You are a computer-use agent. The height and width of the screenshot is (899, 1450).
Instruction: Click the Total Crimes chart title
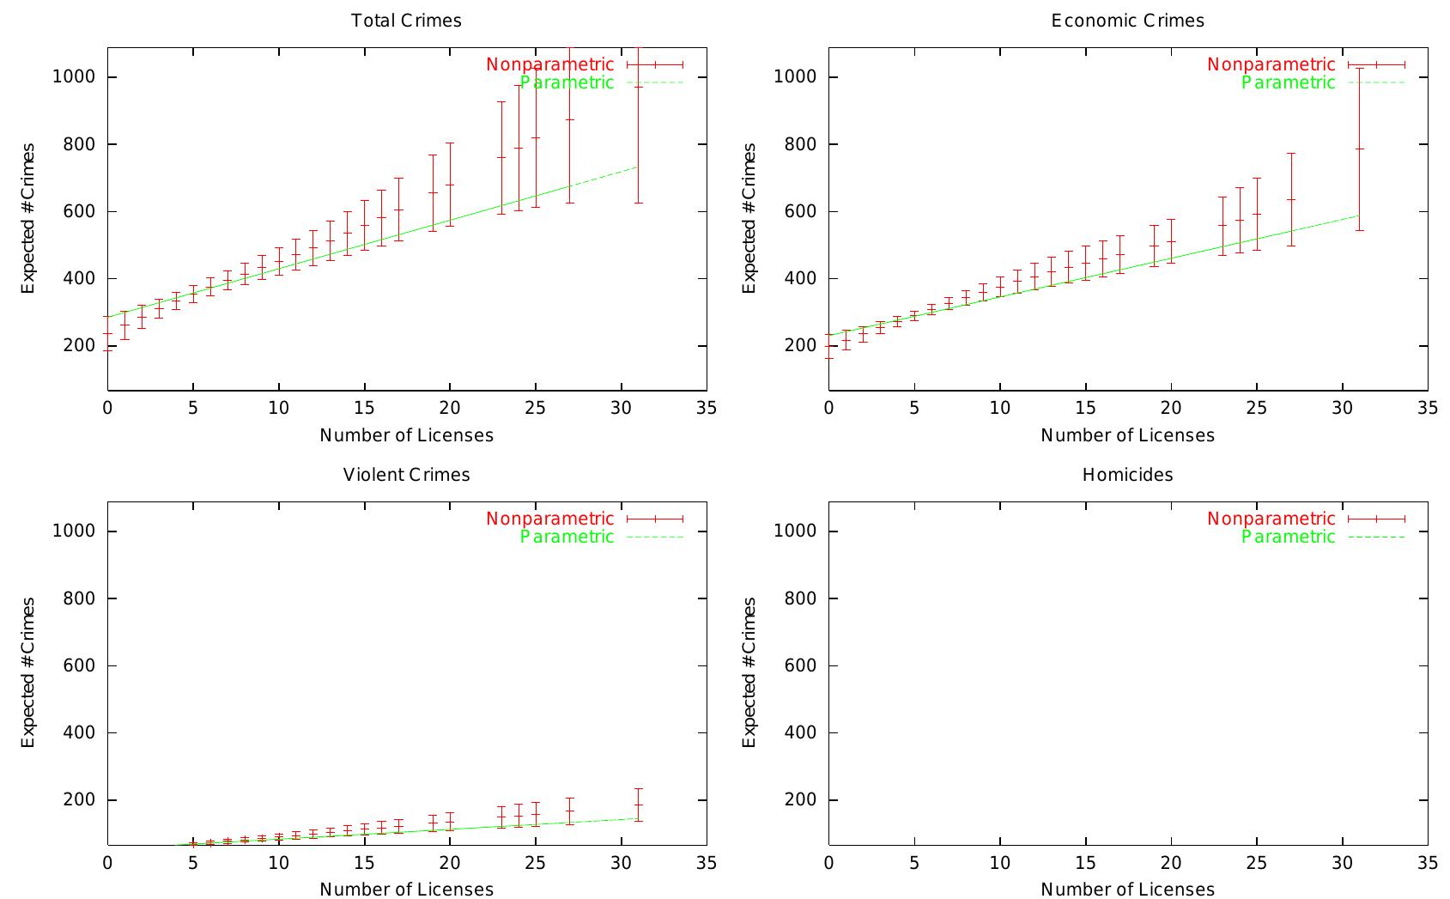(406, 21)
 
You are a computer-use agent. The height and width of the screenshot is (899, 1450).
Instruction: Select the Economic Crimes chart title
(1127, 21)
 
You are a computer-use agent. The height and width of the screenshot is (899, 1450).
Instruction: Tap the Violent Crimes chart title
(406, 475)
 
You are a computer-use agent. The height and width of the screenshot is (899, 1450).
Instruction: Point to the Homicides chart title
(1127, 475)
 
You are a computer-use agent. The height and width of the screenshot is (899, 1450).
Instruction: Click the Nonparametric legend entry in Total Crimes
(550, 64)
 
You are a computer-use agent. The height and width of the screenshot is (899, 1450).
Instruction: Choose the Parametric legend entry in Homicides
(1289, 537)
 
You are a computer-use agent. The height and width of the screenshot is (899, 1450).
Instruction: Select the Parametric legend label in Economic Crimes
(1289, 82)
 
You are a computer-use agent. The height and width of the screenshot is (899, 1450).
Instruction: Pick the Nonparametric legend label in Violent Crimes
(550, 519)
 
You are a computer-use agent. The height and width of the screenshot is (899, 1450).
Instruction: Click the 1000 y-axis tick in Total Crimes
(73, 77)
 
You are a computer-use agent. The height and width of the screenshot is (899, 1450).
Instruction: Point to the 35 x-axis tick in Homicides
(1427, 862)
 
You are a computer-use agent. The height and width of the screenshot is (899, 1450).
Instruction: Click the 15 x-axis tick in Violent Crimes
(364, 862)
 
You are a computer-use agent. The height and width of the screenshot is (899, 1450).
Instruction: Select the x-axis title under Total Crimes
(406, 435)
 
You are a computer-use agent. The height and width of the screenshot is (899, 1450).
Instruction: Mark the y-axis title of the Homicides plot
(749, 672)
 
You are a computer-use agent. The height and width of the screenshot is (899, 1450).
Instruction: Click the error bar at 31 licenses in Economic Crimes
(1359, 149)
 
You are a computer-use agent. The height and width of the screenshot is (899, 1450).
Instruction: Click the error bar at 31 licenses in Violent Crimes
(638, 805)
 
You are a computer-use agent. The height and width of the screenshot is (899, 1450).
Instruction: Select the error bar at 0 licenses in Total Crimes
(108, 333)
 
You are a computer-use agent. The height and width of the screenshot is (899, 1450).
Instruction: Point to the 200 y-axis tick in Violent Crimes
(79, 800)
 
